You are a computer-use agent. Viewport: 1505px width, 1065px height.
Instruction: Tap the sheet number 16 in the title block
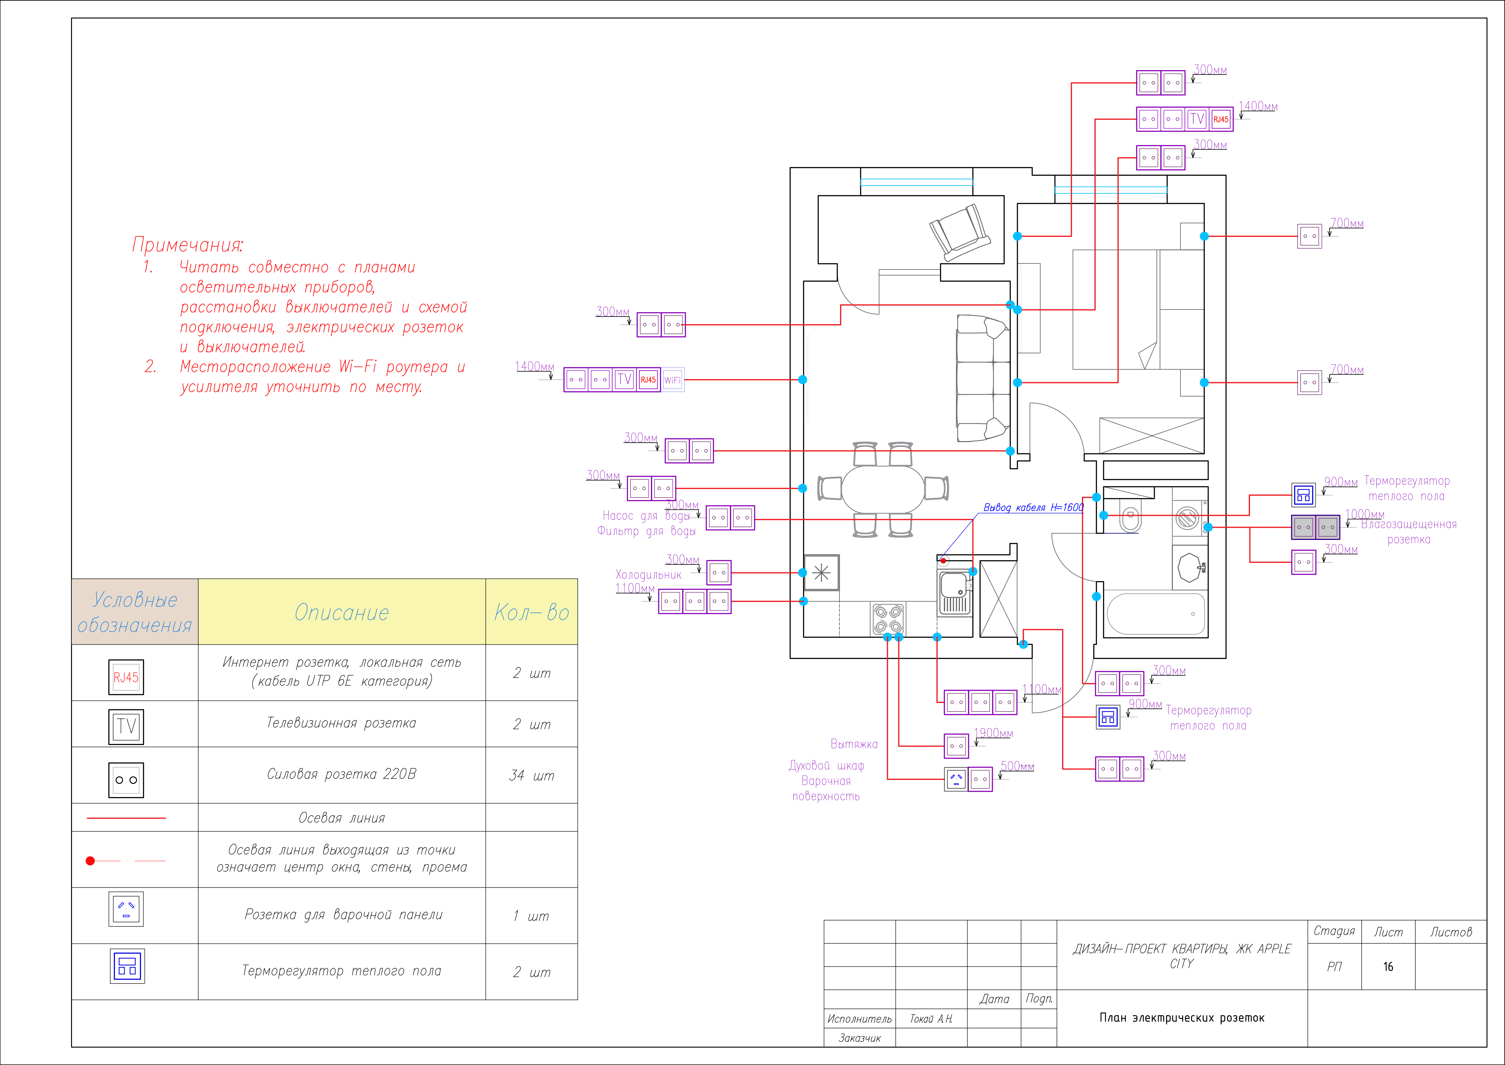click(x=1388, y=967)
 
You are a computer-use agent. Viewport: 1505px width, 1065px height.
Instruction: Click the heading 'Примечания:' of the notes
click(x=188, y=245)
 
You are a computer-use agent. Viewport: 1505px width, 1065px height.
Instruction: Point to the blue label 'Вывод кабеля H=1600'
click(x=1033, y=508)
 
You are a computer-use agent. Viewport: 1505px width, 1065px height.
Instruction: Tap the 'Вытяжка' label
click(x=853, y=744)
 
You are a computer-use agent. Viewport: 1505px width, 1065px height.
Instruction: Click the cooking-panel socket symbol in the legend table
click(x=127, y=909)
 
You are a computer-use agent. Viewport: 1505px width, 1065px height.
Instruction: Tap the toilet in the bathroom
click(x=1130, y=516)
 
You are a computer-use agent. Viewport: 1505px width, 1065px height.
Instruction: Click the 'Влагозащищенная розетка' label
click(x=1409, y=532)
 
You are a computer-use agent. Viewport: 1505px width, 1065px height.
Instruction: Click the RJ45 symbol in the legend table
click(x=126, y=677)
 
